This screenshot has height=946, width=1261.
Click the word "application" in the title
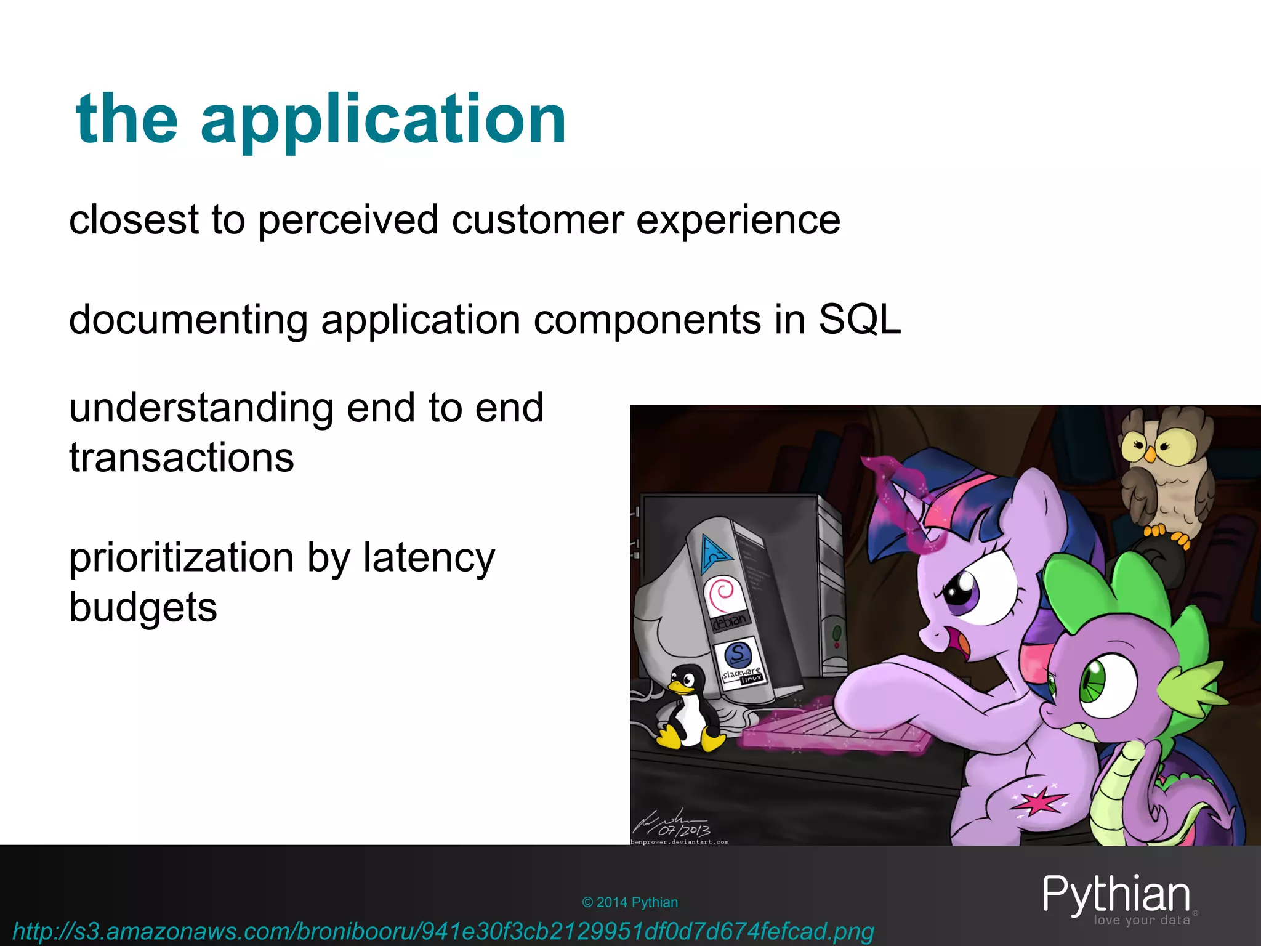(x=383, y=120)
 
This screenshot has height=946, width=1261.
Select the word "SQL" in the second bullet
(x=859, y=320)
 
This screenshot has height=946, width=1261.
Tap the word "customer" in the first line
(x=538, y=220)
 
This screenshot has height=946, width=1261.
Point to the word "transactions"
(x=182, y=458)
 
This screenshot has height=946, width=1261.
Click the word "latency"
(x=429, y=557)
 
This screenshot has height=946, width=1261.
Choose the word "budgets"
(x=143, y=607)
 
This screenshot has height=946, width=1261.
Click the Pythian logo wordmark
(x=1116, y=895)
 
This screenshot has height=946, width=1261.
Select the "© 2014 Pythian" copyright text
(x=629, y=902)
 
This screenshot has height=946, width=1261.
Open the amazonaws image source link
(x=443, y=931)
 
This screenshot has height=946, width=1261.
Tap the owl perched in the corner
(x=1164, y=474)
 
